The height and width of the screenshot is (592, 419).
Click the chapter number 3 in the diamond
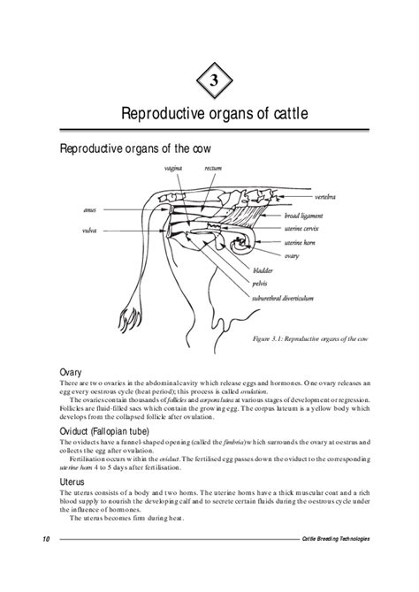pyautogui.click(x=213, y=83)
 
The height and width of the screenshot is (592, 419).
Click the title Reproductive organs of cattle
pyautogui.click(x=213, y=114)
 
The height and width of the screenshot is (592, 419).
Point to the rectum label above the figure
pyautogui.click(x=212, y=167)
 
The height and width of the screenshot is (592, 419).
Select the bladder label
pyautogui.click(x=263, y=271)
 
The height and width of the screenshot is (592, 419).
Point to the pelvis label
pyautogui.click(x=260, y=284)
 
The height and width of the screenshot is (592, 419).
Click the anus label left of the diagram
pyautogui.click(x=89, y=210)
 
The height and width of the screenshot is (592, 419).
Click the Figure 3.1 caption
pyautogui.click(x=309, y=338)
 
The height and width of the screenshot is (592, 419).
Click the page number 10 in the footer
pyautogui.click(x=45, y=538)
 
